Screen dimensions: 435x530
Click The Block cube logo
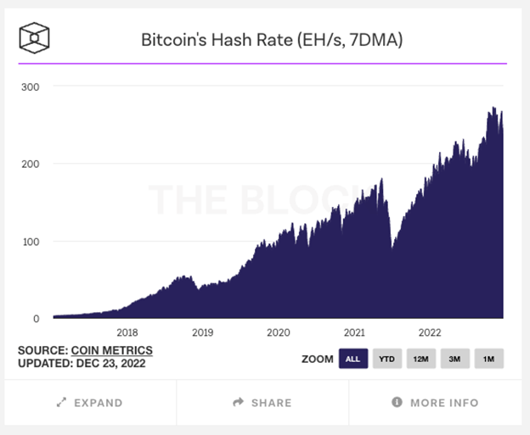34,38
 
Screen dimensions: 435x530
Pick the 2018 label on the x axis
127,332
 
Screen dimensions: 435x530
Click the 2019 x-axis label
202,332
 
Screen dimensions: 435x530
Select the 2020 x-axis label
279,332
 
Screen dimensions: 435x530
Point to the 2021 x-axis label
354,332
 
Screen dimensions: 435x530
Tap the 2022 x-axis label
430,332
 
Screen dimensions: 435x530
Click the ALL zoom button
352,359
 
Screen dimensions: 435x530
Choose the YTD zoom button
386,359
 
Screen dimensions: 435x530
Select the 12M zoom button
420,359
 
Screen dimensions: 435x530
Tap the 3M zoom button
454,359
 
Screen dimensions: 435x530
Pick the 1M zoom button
488,359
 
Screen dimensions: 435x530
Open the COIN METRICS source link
111,350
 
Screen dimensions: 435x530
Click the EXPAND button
90,403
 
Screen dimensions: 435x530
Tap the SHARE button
262,403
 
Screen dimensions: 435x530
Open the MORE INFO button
435,403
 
